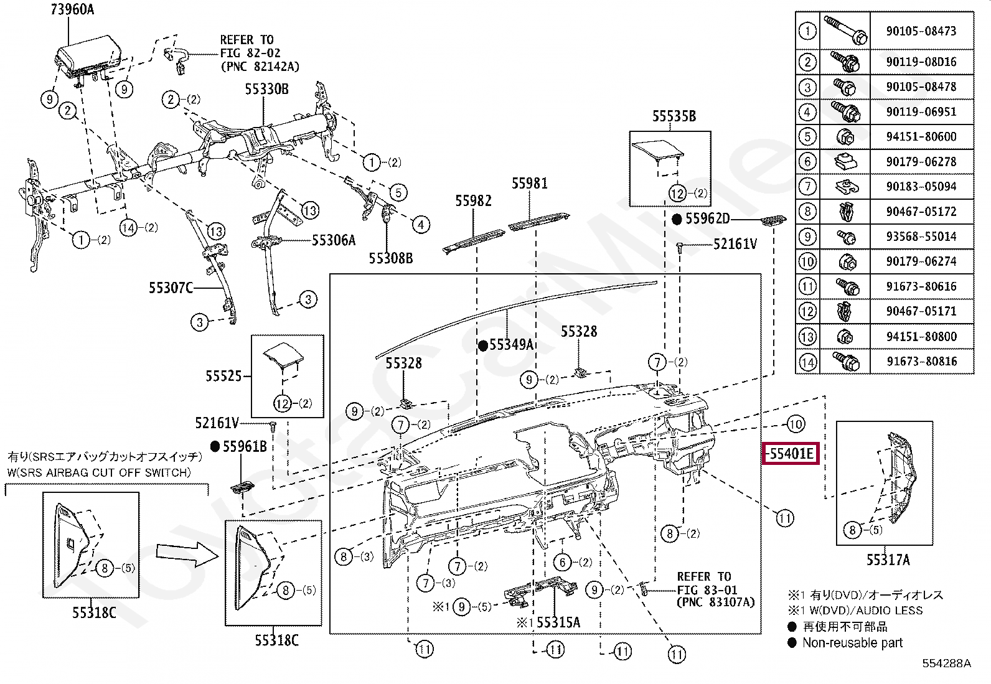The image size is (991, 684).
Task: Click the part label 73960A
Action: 72,9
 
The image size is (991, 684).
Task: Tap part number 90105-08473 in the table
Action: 921,30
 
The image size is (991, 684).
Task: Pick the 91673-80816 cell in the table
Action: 921,361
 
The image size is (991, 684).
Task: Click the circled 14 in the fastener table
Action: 807,361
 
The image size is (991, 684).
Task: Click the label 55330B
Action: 266,89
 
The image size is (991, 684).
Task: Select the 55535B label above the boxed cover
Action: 674,116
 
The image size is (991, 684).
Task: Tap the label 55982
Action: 473,200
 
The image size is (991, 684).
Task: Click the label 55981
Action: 530,183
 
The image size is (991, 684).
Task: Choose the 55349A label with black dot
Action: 511,345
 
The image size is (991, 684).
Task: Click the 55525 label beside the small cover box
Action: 223,376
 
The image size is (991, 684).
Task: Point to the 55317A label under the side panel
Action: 888,560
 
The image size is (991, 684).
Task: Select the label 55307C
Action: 171,288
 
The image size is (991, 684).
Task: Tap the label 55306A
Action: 333,240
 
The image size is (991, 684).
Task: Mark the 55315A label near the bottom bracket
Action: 558,622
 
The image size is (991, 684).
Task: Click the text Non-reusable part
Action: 852,643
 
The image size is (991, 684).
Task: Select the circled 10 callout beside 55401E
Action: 796,424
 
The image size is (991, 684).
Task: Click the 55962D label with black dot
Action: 707,218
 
